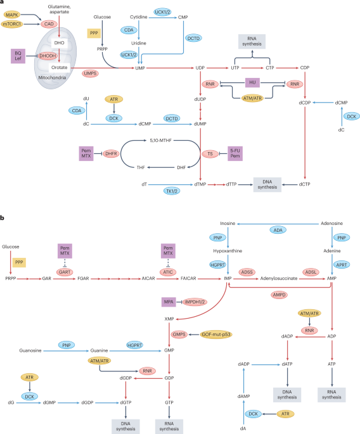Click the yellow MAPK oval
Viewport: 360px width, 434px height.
pos(13,14)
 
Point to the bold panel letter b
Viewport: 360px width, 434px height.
pos(3,217)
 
